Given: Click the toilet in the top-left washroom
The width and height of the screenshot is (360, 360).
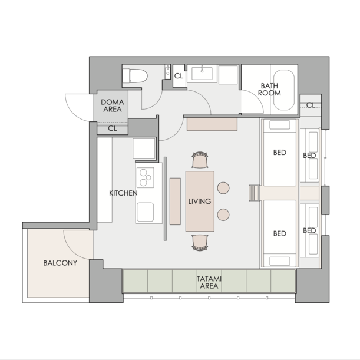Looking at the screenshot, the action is point(135,76).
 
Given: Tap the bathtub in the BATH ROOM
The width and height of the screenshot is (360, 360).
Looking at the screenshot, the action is point(284,90).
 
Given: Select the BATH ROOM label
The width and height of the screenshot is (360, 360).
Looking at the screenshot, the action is point(269,90).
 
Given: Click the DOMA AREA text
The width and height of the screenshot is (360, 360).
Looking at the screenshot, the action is point(113,105).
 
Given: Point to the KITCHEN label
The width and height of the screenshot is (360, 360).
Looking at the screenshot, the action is point(123,193).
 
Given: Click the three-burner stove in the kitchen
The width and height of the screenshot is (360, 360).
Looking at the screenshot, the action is point(146,177).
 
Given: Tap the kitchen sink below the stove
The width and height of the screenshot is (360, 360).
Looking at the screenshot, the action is point(146,212).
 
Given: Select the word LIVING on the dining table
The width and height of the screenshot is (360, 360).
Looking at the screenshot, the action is point(200,202).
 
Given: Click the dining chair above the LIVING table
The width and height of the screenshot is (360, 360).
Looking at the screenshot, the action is point(200,160).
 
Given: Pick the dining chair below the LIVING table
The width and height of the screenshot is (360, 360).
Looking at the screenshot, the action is point(200,243).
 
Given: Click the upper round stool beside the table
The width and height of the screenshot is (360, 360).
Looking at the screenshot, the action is point(223,188).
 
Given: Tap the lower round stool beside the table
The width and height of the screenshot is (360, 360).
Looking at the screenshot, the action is point(223,214).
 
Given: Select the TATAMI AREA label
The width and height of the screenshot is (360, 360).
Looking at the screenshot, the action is point(209,282).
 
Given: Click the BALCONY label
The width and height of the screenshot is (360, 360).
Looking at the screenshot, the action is point(60,263).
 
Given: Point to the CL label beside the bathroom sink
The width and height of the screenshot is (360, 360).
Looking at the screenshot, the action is point(179,76).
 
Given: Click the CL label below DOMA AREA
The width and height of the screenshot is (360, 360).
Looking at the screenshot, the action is point(113,128).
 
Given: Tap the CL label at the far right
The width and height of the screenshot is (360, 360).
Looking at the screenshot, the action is point(311,105).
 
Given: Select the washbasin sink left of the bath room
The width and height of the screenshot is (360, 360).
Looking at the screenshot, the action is point(202,74).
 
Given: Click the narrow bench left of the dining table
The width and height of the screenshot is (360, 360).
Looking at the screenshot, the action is point(175,202).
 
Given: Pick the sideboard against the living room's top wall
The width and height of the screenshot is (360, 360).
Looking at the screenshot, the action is point(212,124).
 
